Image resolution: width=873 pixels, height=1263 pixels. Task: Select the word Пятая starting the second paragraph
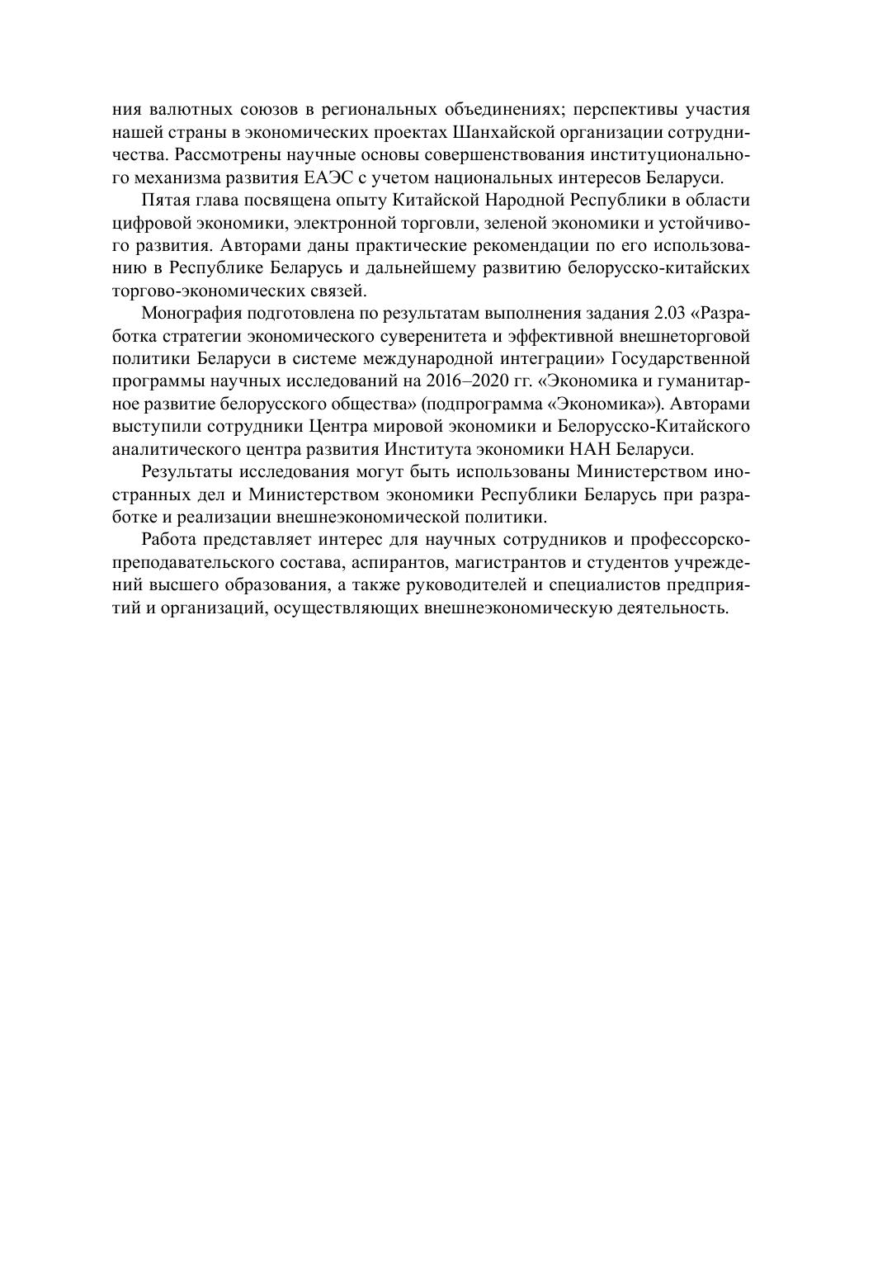166,201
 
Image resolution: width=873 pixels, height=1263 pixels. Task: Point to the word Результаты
187,472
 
